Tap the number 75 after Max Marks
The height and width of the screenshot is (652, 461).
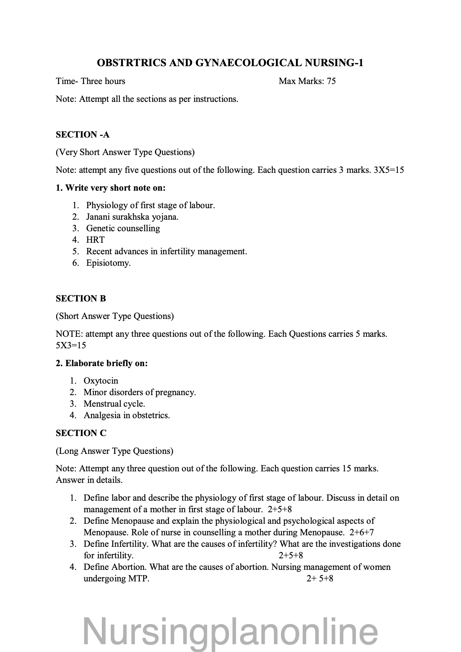pos(331,81)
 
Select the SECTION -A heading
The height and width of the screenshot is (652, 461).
pos(83,135)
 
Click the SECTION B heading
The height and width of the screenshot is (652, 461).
pos(81,298)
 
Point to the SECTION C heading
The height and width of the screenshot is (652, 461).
pos(81,433)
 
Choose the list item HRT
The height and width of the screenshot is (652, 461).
pos(95,240)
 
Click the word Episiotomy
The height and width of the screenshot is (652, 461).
pos(108,263)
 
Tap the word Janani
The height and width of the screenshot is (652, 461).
pos(98,217)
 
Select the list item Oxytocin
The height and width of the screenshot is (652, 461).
pos(101,381)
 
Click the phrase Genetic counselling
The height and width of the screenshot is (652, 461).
pos(123,228)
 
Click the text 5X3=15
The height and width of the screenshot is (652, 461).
pos(71,345)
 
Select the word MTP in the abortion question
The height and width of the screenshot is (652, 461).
pos(138,578)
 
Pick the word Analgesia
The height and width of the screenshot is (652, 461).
pos(100,415)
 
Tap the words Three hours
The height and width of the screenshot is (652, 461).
pos(103,81)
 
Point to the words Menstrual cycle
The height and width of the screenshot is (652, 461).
pos(114,404)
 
